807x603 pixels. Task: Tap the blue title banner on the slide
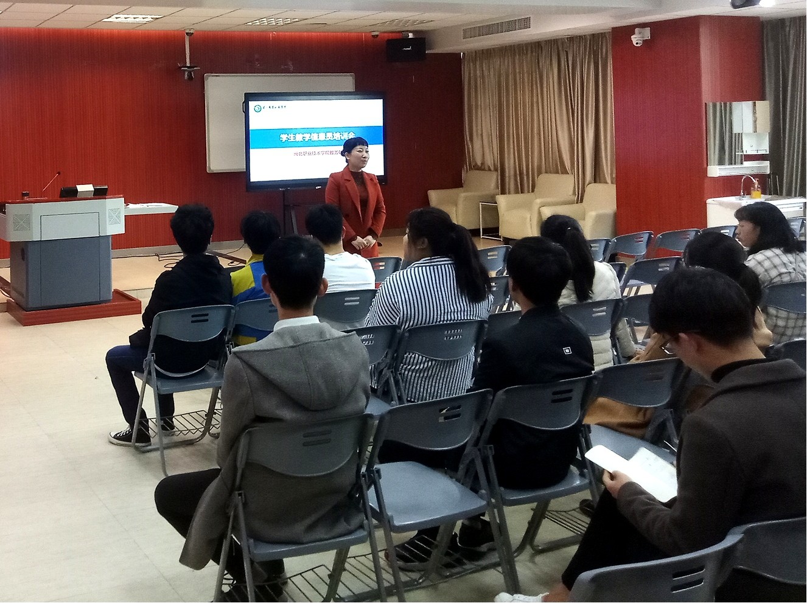tap(315, 138)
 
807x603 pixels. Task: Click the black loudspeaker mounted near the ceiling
tap(406, 49)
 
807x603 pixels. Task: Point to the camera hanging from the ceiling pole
tap(189, 72)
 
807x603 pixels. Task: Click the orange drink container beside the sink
tap(755, 192)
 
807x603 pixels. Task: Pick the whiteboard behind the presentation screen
tap(225, 122)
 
